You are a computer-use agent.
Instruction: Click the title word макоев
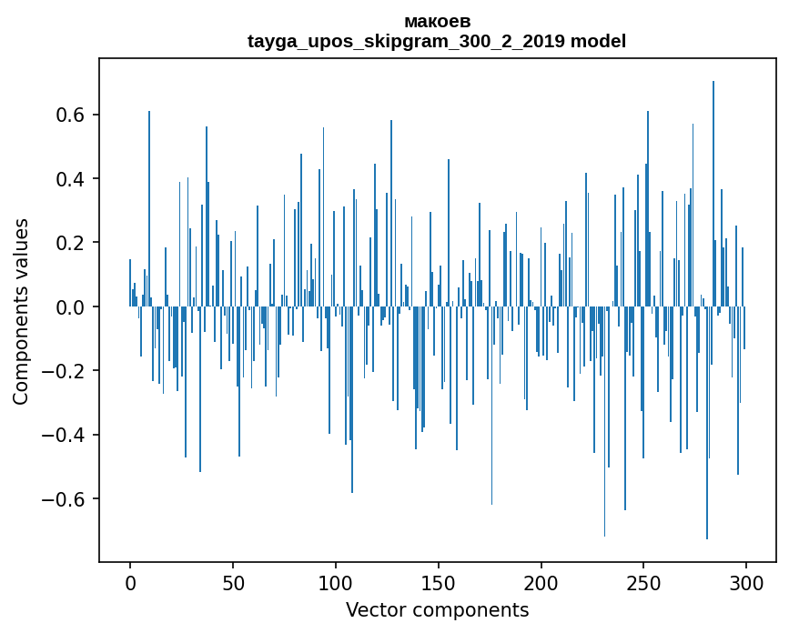437,21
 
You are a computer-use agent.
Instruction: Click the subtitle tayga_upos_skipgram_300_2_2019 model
437,41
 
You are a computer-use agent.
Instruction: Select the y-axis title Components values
21,311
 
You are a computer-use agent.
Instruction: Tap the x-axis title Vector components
437,609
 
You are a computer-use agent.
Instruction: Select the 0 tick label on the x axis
130,582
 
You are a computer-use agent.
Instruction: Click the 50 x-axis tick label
233,582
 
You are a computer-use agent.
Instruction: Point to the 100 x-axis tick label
336,582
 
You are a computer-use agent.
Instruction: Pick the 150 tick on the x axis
439,582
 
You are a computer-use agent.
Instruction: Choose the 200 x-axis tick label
541,582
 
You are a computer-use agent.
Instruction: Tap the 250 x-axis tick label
644,582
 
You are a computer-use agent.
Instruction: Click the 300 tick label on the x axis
747,582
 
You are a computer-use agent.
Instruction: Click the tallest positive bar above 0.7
713,182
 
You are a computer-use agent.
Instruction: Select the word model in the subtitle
601,41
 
